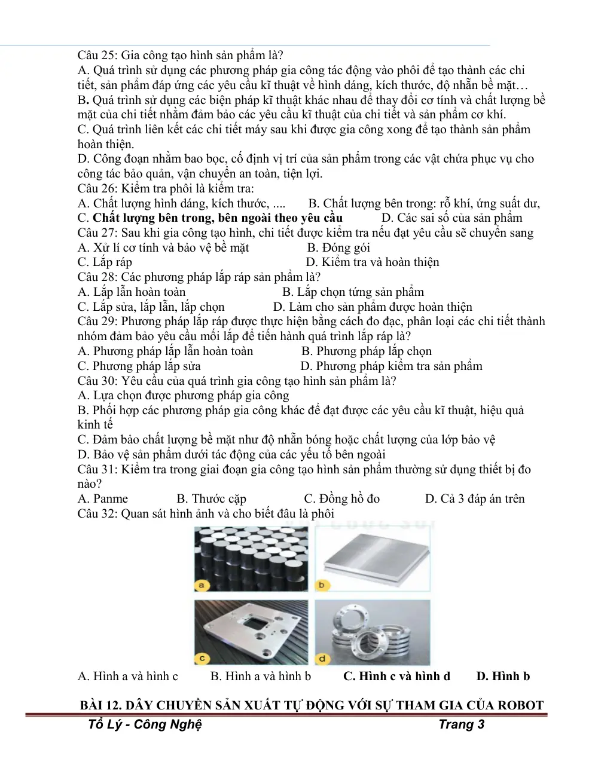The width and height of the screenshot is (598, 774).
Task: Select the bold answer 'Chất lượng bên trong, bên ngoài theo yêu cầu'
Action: pyautogui.click(x=218, y=218)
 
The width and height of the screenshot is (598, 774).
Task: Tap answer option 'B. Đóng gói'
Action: pyautogui.click(x=338, y=247)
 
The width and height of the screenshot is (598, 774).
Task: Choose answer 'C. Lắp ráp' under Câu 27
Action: pyautogui.click(x=105, y=262)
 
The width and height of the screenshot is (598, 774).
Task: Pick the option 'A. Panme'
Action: pyautogui.click(x=103, y=498)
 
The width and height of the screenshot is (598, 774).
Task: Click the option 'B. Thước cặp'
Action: pyautogui.click(x=211, y=498)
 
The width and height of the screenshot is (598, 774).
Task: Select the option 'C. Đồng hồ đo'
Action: pyautogui.click(x=342, y=498)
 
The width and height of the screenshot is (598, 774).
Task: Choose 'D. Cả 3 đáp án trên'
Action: pyautogui.click(x=475, y=498)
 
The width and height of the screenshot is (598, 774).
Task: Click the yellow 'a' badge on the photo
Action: pyautogui.click(x=202, y=585)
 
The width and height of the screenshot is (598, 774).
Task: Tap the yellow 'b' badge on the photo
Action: pyautogui.click(x=322, y=585)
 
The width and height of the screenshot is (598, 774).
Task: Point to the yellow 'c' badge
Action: pyautogui.click(x=202, y=658)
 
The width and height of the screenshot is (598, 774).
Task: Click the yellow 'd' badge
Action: pyautogui.click(x=322, y=659)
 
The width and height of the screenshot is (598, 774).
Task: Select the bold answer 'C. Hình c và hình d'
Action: pyautogui.click(x=396, y=676)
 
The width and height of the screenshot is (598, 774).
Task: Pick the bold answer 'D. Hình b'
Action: pyautogui.click(x=503, y=676)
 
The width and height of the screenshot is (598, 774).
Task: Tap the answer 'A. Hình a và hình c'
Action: pyautogui.click(x=127, y=676)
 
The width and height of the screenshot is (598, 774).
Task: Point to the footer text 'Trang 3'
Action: pyautogui.click(x=462, y=724)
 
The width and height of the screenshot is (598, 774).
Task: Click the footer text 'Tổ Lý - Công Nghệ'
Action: pyautogui.click(x=145, y=725)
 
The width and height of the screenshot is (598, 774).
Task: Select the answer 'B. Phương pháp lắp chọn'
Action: pyautogui.click(x=367, y=351)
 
